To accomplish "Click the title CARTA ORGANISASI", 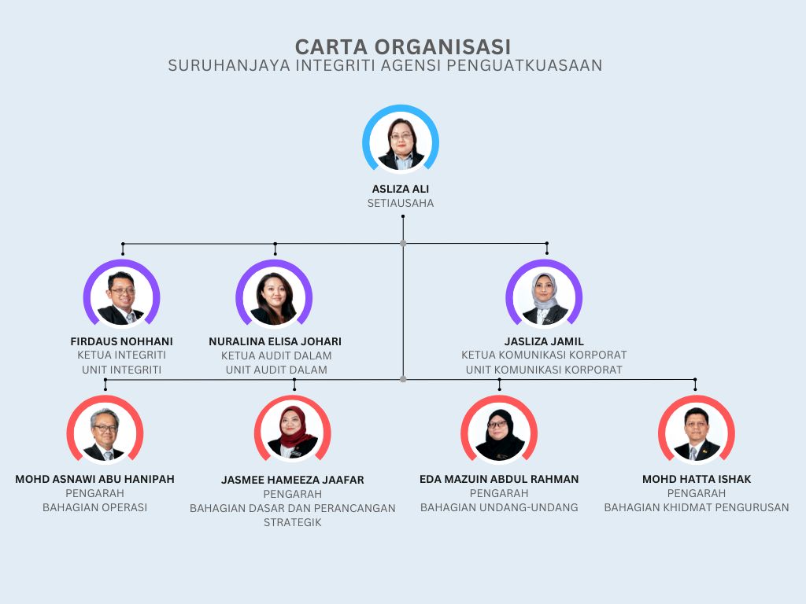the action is click(x=403, y=46).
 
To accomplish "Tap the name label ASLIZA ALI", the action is click(x=401, y=189).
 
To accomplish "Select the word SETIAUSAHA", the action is click(x=401, y=204).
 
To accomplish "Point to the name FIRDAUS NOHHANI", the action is click(x=122, y=341).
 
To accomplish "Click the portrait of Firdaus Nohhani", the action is click(x=122, y=296).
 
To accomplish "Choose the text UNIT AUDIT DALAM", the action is click(x=276, y=370).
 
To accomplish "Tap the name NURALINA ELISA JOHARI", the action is click(x=275, y=341).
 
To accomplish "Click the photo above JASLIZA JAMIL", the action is click(x=544, y=296).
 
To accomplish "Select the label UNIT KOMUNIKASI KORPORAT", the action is click(x=544, y=370).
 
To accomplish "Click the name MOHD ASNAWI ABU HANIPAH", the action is click(x=95, y=479).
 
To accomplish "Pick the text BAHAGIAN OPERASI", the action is click(x=95, y=507).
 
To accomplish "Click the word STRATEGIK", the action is click(x=293, y=522).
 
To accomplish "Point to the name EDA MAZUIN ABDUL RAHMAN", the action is click(x=499, y=479).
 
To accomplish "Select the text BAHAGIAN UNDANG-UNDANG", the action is click(x=499, y=507).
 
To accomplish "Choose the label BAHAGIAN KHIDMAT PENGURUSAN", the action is click(x=697, y=507).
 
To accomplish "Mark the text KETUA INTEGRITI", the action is click(x=122, y=355).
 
